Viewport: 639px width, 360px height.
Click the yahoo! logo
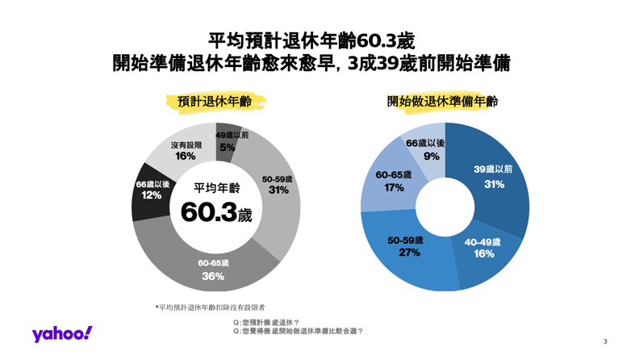62,334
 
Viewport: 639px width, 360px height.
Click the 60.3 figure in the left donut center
209,212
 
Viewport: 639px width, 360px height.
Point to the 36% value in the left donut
213,277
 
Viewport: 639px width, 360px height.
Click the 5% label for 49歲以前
228,148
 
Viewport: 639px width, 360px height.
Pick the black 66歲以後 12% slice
152,190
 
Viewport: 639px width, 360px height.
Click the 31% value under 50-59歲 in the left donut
278,190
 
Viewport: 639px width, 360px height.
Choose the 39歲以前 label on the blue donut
493,169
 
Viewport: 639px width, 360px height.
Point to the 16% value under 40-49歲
484,254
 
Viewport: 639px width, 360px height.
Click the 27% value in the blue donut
410,253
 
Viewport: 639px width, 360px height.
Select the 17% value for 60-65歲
395,187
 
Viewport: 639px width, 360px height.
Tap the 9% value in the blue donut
431,156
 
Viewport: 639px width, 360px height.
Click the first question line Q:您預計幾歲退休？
266,322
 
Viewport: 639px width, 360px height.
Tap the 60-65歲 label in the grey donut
213,263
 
